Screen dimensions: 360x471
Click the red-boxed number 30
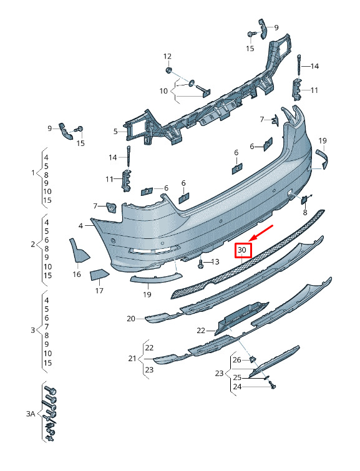[x=242, y=250]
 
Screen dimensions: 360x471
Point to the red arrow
[x=261, y=233]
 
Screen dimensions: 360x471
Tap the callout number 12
[x=167, y=57]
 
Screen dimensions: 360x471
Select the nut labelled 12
[x=168, y=70]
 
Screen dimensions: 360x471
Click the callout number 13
[x=215, y=262]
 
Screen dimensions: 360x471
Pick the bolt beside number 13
[x=201, y=263]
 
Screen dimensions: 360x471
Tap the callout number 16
[x=77, y=274]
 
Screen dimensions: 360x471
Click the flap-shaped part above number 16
[x=79, y=250]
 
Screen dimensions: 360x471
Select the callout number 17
[x=99, y=291]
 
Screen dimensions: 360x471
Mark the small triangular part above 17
[x=99, y=274]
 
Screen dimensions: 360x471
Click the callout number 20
[x=131, y=318]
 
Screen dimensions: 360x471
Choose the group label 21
[x=132, y=358]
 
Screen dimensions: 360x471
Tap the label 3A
[x=31, y=414]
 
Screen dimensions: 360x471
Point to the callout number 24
[x=237, y=387]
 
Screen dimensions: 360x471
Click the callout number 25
[x=237, y=377]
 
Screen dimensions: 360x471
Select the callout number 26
[x=237, y=359]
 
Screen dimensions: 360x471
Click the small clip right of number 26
[x=253, y=359]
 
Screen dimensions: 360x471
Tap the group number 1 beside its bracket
[x=33, y=173]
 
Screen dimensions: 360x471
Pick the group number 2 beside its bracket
[x=33, y=244]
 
